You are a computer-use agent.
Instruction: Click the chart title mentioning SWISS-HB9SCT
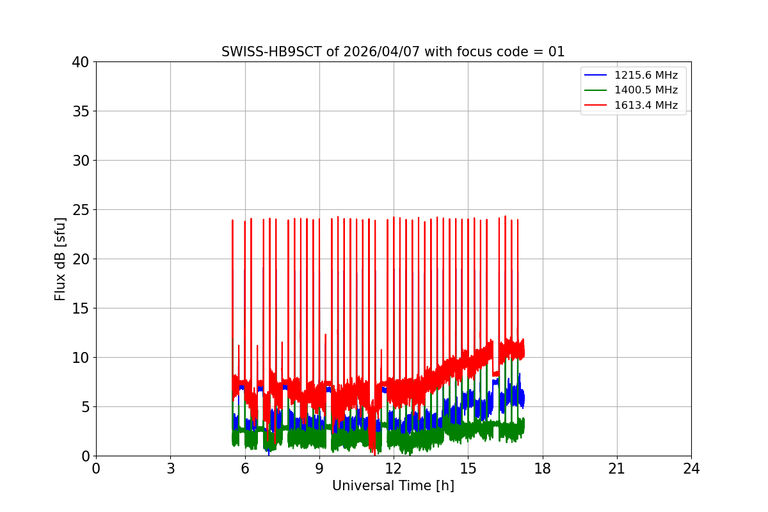click(x=393, y=52)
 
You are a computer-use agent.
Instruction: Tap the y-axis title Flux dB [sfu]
click(x=60, y=259)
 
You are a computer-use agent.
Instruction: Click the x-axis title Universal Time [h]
click(x=393, y=486)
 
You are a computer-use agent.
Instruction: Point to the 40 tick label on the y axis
click(x=81, y=62)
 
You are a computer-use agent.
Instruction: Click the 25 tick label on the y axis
click(x=81, y=210)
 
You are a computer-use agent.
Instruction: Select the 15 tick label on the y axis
click(x=81, y=308)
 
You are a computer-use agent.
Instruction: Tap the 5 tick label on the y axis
click(x=84, y=407)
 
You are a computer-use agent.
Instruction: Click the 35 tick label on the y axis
click(x=81, y=111)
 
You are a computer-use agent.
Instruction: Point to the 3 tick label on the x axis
click(x=170, y=468)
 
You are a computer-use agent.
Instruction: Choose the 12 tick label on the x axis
click(x=394, y=468)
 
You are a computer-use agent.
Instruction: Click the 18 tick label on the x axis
click(x=543, y=468)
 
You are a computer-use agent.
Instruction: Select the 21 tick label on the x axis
click(x=617, y=468)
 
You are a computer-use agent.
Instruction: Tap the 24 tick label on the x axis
click(x=691, y=468)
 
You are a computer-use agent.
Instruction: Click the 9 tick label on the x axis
click(x=319, y=468)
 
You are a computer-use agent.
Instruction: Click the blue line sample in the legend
click(x=596, y=76)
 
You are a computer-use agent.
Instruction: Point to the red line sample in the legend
click(x=596, y=106)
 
